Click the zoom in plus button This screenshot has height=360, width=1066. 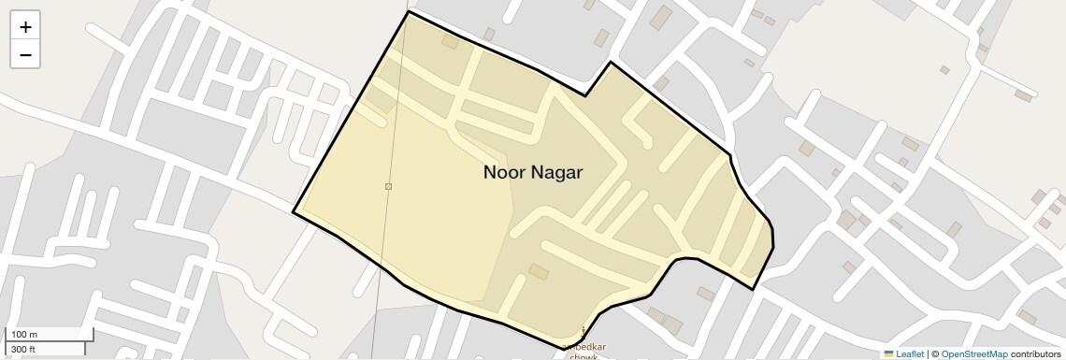(25, 27)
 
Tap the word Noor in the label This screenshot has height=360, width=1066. (504, 172)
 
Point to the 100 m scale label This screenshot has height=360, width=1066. (24, 335)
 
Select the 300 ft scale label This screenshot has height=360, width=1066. (23, 350)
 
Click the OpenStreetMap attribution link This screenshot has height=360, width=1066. (973, 353)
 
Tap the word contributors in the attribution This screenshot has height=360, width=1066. (1035, 353)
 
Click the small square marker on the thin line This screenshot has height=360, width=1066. (388, 187)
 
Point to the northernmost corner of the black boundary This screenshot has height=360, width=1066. (409, 11)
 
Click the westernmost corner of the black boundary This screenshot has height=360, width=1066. (294, 212)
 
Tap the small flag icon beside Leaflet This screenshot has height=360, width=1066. (888, 353)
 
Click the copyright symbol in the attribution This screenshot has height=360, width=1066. (934, 353)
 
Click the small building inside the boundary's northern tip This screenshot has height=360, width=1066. (450, 42)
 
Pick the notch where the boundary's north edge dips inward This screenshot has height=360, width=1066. (586, 95)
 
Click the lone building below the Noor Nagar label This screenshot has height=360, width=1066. (539, 271)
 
